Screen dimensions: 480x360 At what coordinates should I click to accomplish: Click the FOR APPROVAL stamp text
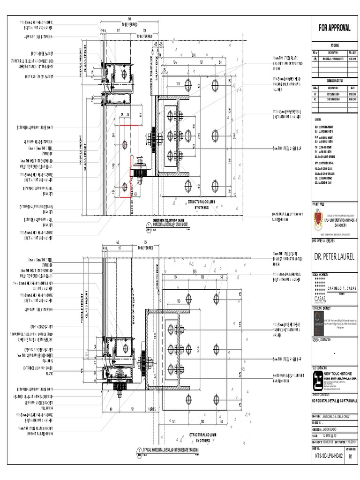point(335,28)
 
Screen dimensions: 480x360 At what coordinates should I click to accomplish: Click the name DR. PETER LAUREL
point(335,256)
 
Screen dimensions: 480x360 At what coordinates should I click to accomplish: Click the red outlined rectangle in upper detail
point(125,160)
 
